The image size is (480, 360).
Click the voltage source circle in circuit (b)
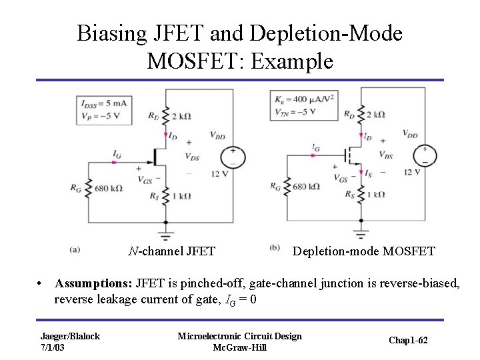[424, 155]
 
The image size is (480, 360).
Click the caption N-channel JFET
[172, 251]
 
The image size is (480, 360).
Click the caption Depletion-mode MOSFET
[364, 251]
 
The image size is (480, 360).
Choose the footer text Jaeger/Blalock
[70, 336]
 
